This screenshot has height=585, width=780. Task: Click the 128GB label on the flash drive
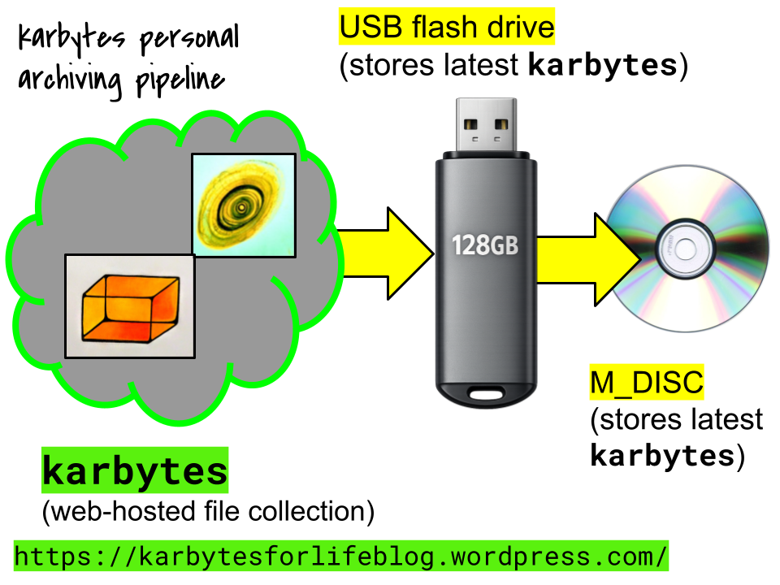point(485,245)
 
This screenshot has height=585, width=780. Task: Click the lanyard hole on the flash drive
point(486,396)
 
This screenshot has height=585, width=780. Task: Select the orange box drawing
point(130,305)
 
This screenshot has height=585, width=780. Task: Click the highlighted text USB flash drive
point(446,28)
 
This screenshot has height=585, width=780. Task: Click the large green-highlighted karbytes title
point(135,472)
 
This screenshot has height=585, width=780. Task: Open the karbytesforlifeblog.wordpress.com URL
point(340,557)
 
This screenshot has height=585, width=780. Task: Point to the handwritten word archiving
point(67,80)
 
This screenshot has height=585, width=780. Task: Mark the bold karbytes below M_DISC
point(662,457)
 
